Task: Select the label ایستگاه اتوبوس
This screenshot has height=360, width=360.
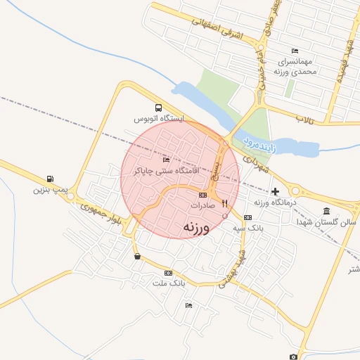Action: pyautogui.click(x=162, y=120)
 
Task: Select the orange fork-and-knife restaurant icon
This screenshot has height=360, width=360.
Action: pyautogui.click(x=225, y=204)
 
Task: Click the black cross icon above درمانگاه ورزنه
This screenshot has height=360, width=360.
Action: pyautogui.click(x=275, y=191)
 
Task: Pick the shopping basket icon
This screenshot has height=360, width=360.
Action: pyautogui.click(x=136, y=257)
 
